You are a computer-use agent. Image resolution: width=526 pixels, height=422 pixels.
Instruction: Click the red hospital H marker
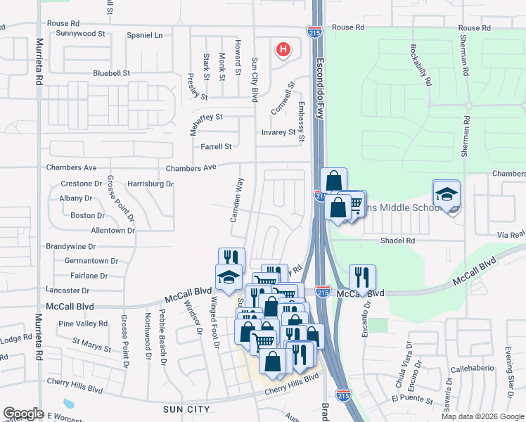click(283, 49)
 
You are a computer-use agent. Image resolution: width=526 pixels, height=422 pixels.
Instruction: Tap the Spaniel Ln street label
click(144, 35)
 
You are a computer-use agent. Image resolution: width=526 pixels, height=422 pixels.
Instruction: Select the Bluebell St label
click(112, 73)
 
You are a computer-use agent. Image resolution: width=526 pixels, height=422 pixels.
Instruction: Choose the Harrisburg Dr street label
click(150, 184)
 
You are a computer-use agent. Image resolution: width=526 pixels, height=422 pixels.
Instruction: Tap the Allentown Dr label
click(113, 231)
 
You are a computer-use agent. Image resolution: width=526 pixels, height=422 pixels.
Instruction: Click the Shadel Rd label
click(398, 240)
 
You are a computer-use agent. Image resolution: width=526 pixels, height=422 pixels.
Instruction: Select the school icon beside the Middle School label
click(446, 193)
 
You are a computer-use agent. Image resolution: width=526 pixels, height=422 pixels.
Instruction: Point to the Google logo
click(23, 414)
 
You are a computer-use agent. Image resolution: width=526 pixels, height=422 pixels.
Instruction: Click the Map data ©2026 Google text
click(482, 416)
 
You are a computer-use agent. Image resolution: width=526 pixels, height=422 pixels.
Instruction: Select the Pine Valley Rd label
click(83, 324)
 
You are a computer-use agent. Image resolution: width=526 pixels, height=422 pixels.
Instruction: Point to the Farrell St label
click(216, 147)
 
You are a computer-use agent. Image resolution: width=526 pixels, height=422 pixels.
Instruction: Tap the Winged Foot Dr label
click(214, 324)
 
